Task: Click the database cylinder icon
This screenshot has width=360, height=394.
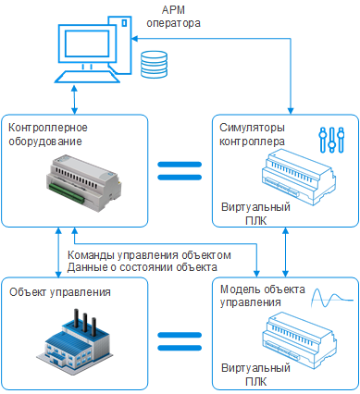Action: tap(154, 64)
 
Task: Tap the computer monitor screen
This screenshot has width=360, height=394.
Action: tap(86, 43)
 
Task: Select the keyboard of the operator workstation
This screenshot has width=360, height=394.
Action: tap(87, 77)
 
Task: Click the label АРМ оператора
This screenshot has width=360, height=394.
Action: tap(173, 17)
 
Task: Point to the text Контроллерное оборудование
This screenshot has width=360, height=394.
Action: tap(48, 134)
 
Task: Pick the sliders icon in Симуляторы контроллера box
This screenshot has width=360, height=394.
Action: tap(331, 140)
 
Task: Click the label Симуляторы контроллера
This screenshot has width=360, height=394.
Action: tap(252, 134)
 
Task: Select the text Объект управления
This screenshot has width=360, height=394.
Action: tap(60, 291)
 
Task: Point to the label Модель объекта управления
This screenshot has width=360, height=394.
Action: tap(263, 296)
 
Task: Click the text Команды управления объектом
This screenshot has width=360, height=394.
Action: tap(149, 255)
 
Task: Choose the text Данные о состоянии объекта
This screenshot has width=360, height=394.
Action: tap(143, 267)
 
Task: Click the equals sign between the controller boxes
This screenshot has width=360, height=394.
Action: tap(180, 171)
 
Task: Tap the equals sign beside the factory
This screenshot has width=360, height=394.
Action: tap(180, 341)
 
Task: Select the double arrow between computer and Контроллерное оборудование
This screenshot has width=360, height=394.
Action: tap(74, 100)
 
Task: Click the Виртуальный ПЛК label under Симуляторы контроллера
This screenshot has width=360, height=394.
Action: tap(255, 214)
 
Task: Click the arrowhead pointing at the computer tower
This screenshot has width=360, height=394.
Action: tap(135, 39)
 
